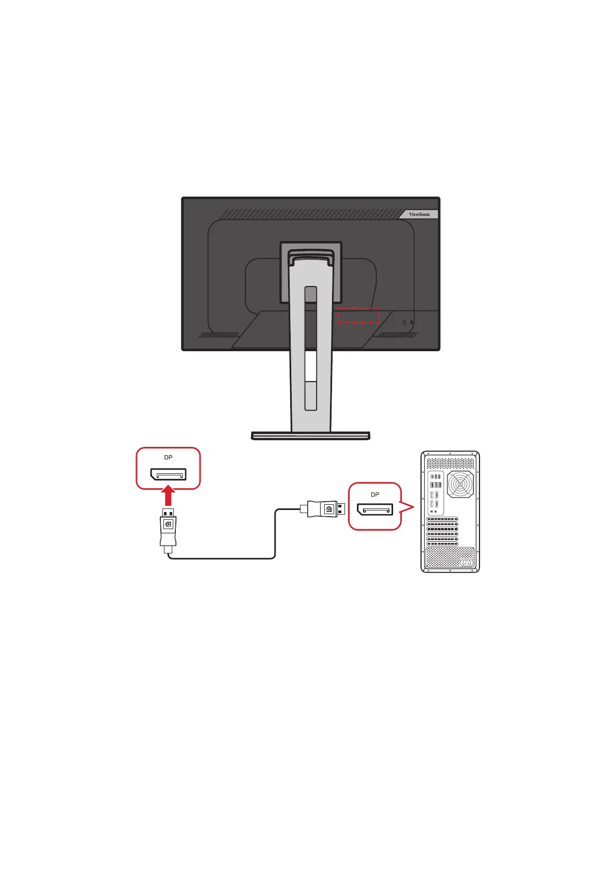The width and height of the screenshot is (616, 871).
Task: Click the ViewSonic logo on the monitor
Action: (x=419, y=214)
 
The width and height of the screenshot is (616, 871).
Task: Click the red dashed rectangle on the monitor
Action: (x=358, y=315)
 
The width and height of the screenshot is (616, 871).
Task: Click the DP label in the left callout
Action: (x=168, y=457)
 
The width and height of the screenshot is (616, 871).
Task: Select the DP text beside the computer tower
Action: (x=374, y=494)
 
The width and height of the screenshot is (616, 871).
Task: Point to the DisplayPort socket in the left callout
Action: (x=168, y=474)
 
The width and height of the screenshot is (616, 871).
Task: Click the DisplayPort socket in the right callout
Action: (x=374, y=509)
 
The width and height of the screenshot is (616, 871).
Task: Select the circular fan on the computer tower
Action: (x=460, y=485)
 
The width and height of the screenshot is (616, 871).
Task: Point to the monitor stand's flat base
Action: (x=310, y=435)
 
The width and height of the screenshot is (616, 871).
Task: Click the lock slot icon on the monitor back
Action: (x=404, y=322)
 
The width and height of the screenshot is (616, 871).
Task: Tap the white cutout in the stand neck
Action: (x=310, y=366)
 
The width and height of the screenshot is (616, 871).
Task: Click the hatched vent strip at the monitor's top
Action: (x=310, y=214)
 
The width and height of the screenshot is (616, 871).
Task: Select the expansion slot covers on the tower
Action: (x=442, y=531)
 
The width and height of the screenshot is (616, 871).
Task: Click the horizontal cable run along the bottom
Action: (x=222, y=558)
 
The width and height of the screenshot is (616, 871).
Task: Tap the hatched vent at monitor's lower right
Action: (x=398, y=335)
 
